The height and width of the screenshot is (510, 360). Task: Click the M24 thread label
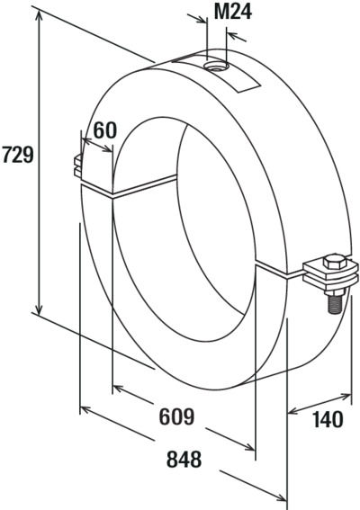point(233,13)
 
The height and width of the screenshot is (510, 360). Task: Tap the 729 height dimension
point(18,154)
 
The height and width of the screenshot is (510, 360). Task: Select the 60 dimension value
point(104,130)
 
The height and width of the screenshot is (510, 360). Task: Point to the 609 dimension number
point(176,416)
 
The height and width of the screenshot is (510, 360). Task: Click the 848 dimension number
point(184,460)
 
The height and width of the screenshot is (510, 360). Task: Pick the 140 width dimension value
point(328,419)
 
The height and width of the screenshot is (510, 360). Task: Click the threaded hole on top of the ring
point(216,67)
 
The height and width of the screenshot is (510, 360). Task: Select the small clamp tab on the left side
point(78,166)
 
